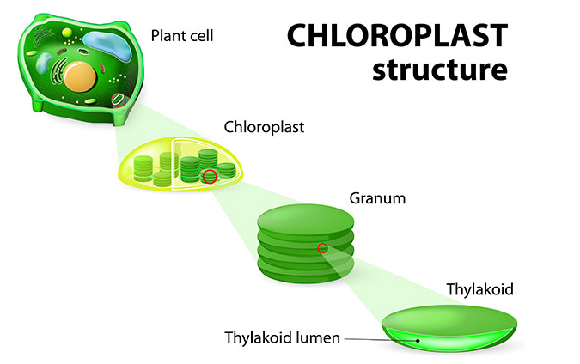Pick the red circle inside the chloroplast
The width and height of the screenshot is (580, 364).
209,177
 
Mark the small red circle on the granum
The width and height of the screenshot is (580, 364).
322,249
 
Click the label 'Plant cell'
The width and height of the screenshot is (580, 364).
182,36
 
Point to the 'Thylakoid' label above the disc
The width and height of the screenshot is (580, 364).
479,289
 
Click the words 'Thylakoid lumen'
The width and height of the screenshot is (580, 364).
284,337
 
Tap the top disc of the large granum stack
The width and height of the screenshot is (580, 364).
304,219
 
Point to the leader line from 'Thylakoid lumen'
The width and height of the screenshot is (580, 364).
378,338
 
